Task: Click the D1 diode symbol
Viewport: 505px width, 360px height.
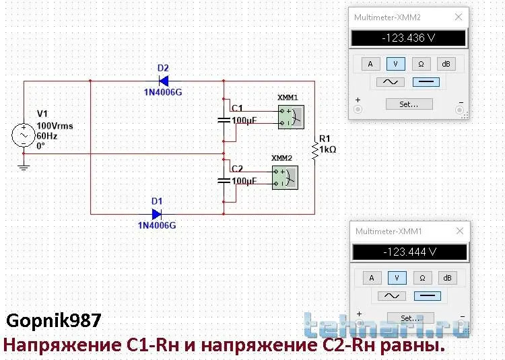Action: (156, 214)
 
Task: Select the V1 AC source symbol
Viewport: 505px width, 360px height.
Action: (24, 135)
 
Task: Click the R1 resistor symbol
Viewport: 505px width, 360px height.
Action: (314, 150)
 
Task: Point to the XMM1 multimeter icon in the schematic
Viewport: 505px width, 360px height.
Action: (290, 117)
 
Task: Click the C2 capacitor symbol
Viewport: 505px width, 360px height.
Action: (224, 180)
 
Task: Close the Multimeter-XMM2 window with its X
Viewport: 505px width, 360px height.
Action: (459, 17)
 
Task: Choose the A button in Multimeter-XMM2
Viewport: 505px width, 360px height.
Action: (369, 64)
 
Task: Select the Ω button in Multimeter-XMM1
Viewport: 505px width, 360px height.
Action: (421, 278)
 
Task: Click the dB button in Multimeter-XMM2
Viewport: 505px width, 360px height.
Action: (444, 64)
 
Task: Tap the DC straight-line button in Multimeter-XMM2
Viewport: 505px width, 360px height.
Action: (425, 82)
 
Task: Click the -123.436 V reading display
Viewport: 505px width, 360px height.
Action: (408, 38)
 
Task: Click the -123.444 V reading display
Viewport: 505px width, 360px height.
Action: (409, 252)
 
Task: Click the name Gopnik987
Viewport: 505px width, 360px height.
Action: (54, 320)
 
